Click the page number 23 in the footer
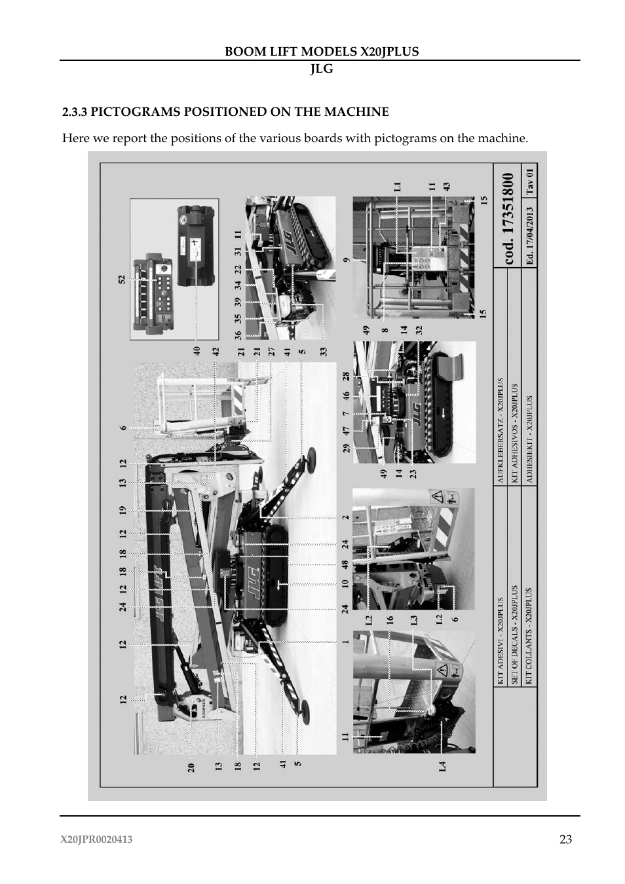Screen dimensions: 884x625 [x=565, y=839]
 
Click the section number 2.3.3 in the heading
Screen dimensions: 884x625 [x=75, y=112]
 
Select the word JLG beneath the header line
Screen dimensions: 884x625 [x=321, y=69]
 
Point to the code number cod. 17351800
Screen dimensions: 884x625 [x=510, y=219]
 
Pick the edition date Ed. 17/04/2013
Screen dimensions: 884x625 [x=530, y=236]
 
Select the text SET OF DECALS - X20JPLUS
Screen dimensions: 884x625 [x=514, y=635]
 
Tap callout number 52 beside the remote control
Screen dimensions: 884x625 [x=122, y=279]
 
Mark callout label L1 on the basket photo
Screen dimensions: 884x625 [x=397, y=187]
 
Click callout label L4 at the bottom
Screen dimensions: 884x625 [x=442, y=765]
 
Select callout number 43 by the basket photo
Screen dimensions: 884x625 [x=447, y=187]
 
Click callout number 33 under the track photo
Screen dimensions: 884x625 [x=323, y=352]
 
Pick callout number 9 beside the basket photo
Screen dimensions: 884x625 [x=346, y=260]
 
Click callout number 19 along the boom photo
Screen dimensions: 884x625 [x=122, y=510]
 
